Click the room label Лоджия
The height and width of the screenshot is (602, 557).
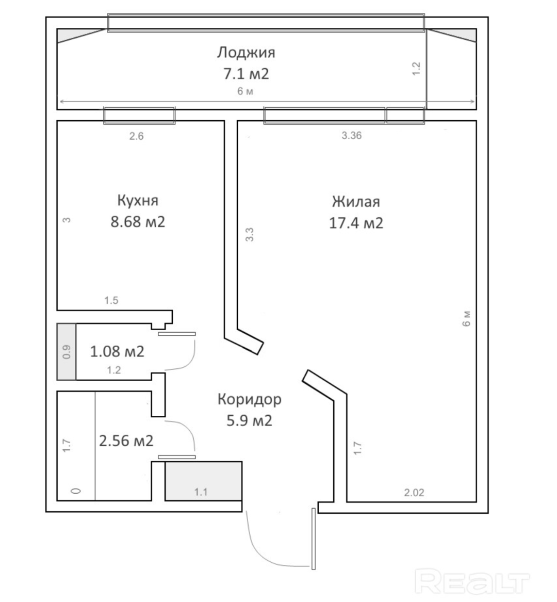[x=246, y=53]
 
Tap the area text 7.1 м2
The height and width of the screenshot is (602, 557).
[x=246, y=73]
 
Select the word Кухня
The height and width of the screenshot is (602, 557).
[x=137, y=201]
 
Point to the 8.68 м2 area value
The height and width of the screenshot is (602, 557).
[x=138, y=222]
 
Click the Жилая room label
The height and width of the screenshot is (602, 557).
[x=356, y=202]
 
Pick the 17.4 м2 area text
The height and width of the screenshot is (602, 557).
[x=356, y=223]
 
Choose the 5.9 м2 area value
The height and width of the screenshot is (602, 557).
[x=249, y=420]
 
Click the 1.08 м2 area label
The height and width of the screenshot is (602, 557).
[x=117, y=351]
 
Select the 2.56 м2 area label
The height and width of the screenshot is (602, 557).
[x=126, y=441]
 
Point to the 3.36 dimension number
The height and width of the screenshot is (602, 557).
[x=352, y=136]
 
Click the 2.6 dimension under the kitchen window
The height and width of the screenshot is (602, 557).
[x=136, y=136]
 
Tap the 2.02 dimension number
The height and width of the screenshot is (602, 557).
[x=414, y=493]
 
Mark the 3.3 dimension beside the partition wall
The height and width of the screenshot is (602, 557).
[x=250, y=235]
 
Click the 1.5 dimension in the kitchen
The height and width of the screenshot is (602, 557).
[x=111, y=301]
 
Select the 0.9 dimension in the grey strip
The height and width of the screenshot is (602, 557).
[x=67, y=352]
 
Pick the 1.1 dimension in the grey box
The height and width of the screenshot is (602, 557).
[x=201, y=492]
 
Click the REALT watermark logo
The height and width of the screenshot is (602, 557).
[x=473, y=582]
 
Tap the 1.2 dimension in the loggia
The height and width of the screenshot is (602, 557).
[x=416, y=69]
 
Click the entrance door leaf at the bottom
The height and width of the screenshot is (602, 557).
[x=314, y=539]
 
